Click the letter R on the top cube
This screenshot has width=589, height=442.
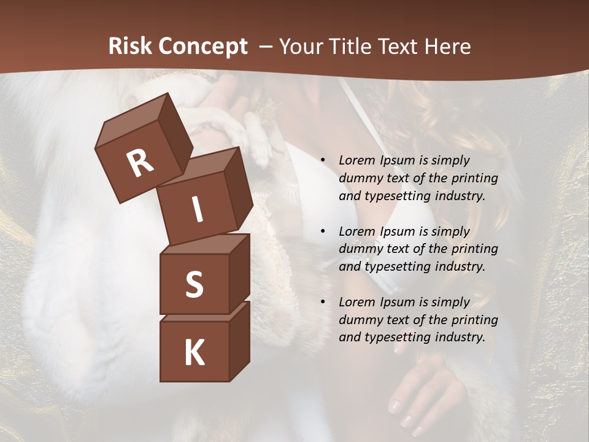pyautogui.click(x=140, y=163)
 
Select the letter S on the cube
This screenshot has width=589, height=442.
pyautogui.click(x=194, y=284)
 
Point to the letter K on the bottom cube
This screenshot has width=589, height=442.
pyautogui.click(x=194, y=352)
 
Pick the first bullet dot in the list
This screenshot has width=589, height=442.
pyautogui.click(x=323, y=161)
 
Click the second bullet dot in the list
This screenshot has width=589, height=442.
pyautogui.click(x=323, y=232)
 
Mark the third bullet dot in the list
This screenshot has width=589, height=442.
pyautogui.click(x=323, y=303)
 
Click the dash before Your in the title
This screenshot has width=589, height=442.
pyautogui.click(x=267, y=47)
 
